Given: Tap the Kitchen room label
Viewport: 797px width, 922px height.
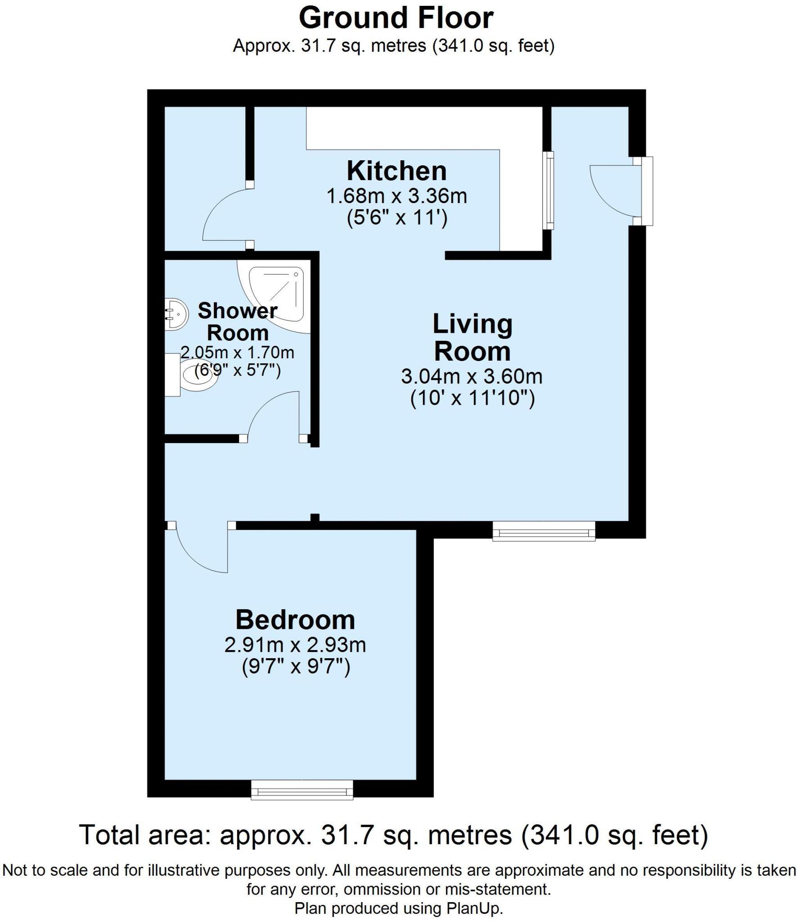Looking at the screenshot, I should (x=396, y=172).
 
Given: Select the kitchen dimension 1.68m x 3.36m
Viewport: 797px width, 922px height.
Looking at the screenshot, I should (x=396, y=197).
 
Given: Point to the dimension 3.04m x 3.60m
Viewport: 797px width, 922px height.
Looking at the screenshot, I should (x=472, y=376).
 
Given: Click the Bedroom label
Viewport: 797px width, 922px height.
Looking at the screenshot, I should (x=295, y=620).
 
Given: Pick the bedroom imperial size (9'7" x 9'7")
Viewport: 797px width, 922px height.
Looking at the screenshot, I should (x=296, y=666).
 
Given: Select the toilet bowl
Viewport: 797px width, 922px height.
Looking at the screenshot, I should (x=198, y=375).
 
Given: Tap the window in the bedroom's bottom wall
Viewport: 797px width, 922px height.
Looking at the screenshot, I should (x=302, y=790).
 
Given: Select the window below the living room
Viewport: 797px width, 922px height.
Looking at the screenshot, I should (x=544, y=531).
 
